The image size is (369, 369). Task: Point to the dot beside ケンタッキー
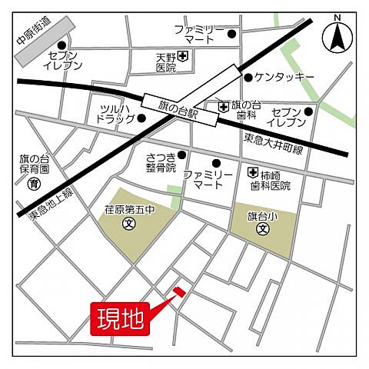248,78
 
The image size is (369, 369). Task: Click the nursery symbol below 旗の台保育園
34,184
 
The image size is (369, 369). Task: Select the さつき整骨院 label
161,162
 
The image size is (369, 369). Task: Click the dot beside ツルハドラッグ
141,118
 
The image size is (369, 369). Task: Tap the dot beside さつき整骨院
182,154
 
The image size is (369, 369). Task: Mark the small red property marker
179,291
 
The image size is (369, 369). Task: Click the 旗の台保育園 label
34,164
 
